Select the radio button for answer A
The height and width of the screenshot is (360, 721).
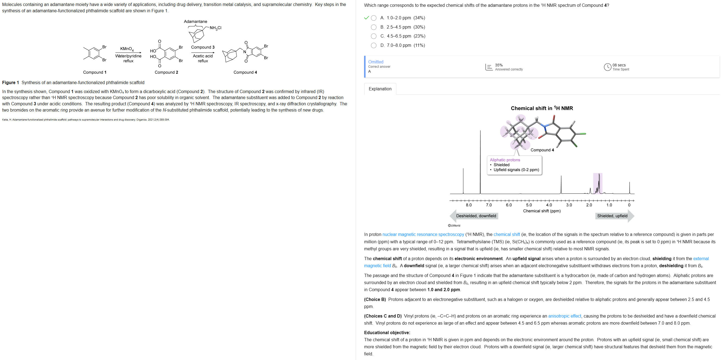[x=373, y=18]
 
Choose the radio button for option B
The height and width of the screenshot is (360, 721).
[x=373, y=27]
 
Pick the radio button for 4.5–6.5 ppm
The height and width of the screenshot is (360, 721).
[x=373, y=36]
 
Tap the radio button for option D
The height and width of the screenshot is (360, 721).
[x=373, y=45]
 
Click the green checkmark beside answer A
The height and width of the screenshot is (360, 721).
[x=366, y=18]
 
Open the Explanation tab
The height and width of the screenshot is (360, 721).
[x=380, y=89]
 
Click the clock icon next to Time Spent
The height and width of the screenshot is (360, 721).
[x=607, y=67]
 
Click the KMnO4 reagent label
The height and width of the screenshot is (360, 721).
[x=127, y=49]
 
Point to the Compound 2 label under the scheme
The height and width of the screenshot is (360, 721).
[x=166, y=72]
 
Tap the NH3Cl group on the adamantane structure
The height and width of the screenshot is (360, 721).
[x=215, y=28]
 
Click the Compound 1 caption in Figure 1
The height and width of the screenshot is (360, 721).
[x=95, y=72]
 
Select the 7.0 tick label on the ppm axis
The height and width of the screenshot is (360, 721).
[x=489, y=205]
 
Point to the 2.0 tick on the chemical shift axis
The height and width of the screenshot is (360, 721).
[x=589, y=205]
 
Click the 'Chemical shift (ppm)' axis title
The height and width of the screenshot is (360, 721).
[x=542, y=211]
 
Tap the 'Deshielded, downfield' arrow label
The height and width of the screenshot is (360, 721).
[x=476, y=216]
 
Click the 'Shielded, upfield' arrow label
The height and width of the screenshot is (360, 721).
[x=612, y=216]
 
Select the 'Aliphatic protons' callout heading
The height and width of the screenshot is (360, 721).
[x=505, y=160]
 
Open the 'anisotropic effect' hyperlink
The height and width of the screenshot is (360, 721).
[x=564, y=316]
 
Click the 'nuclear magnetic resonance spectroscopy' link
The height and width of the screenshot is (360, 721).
[x=423, y=234]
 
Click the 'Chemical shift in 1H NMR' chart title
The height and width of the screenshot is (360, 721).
[x=542, y=108]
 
